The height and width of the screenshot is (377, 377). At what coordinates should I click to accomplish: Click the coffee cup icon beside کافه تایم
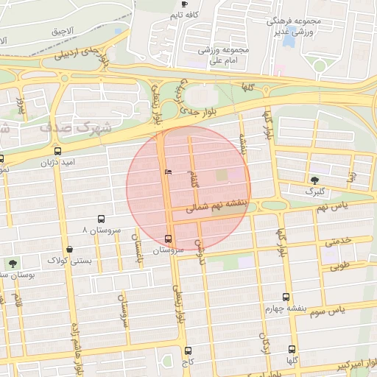click(x=183, y=4)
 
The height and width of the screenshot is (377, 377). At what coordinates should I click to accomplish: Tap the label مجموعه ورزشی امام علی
click(x=225, y=56)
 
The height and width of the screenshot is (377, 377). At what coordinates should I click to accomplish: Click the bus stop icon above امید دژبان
click(x=57, y=150)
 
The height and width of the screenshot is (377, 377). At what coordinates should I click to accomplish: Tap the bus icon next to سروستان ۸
click(x=102, y=219)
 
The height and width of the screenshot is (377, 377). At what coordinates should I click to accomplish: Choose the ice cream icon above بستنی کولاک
click(x=69, y=250)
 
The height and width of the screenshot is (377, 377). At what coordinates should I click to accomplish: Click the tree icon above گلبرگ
click(x=315, y=180)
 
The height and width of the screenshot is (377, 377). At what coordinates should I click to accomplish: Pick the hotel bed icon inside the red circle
click(x=169, y=172)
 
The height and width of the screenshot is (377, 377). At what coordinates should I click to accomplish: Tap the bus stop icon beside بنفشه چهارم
click(x=286, y=297)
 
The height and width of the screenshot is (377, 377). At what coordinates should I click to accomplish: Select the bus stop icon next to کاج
click(x=188, y=351)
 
